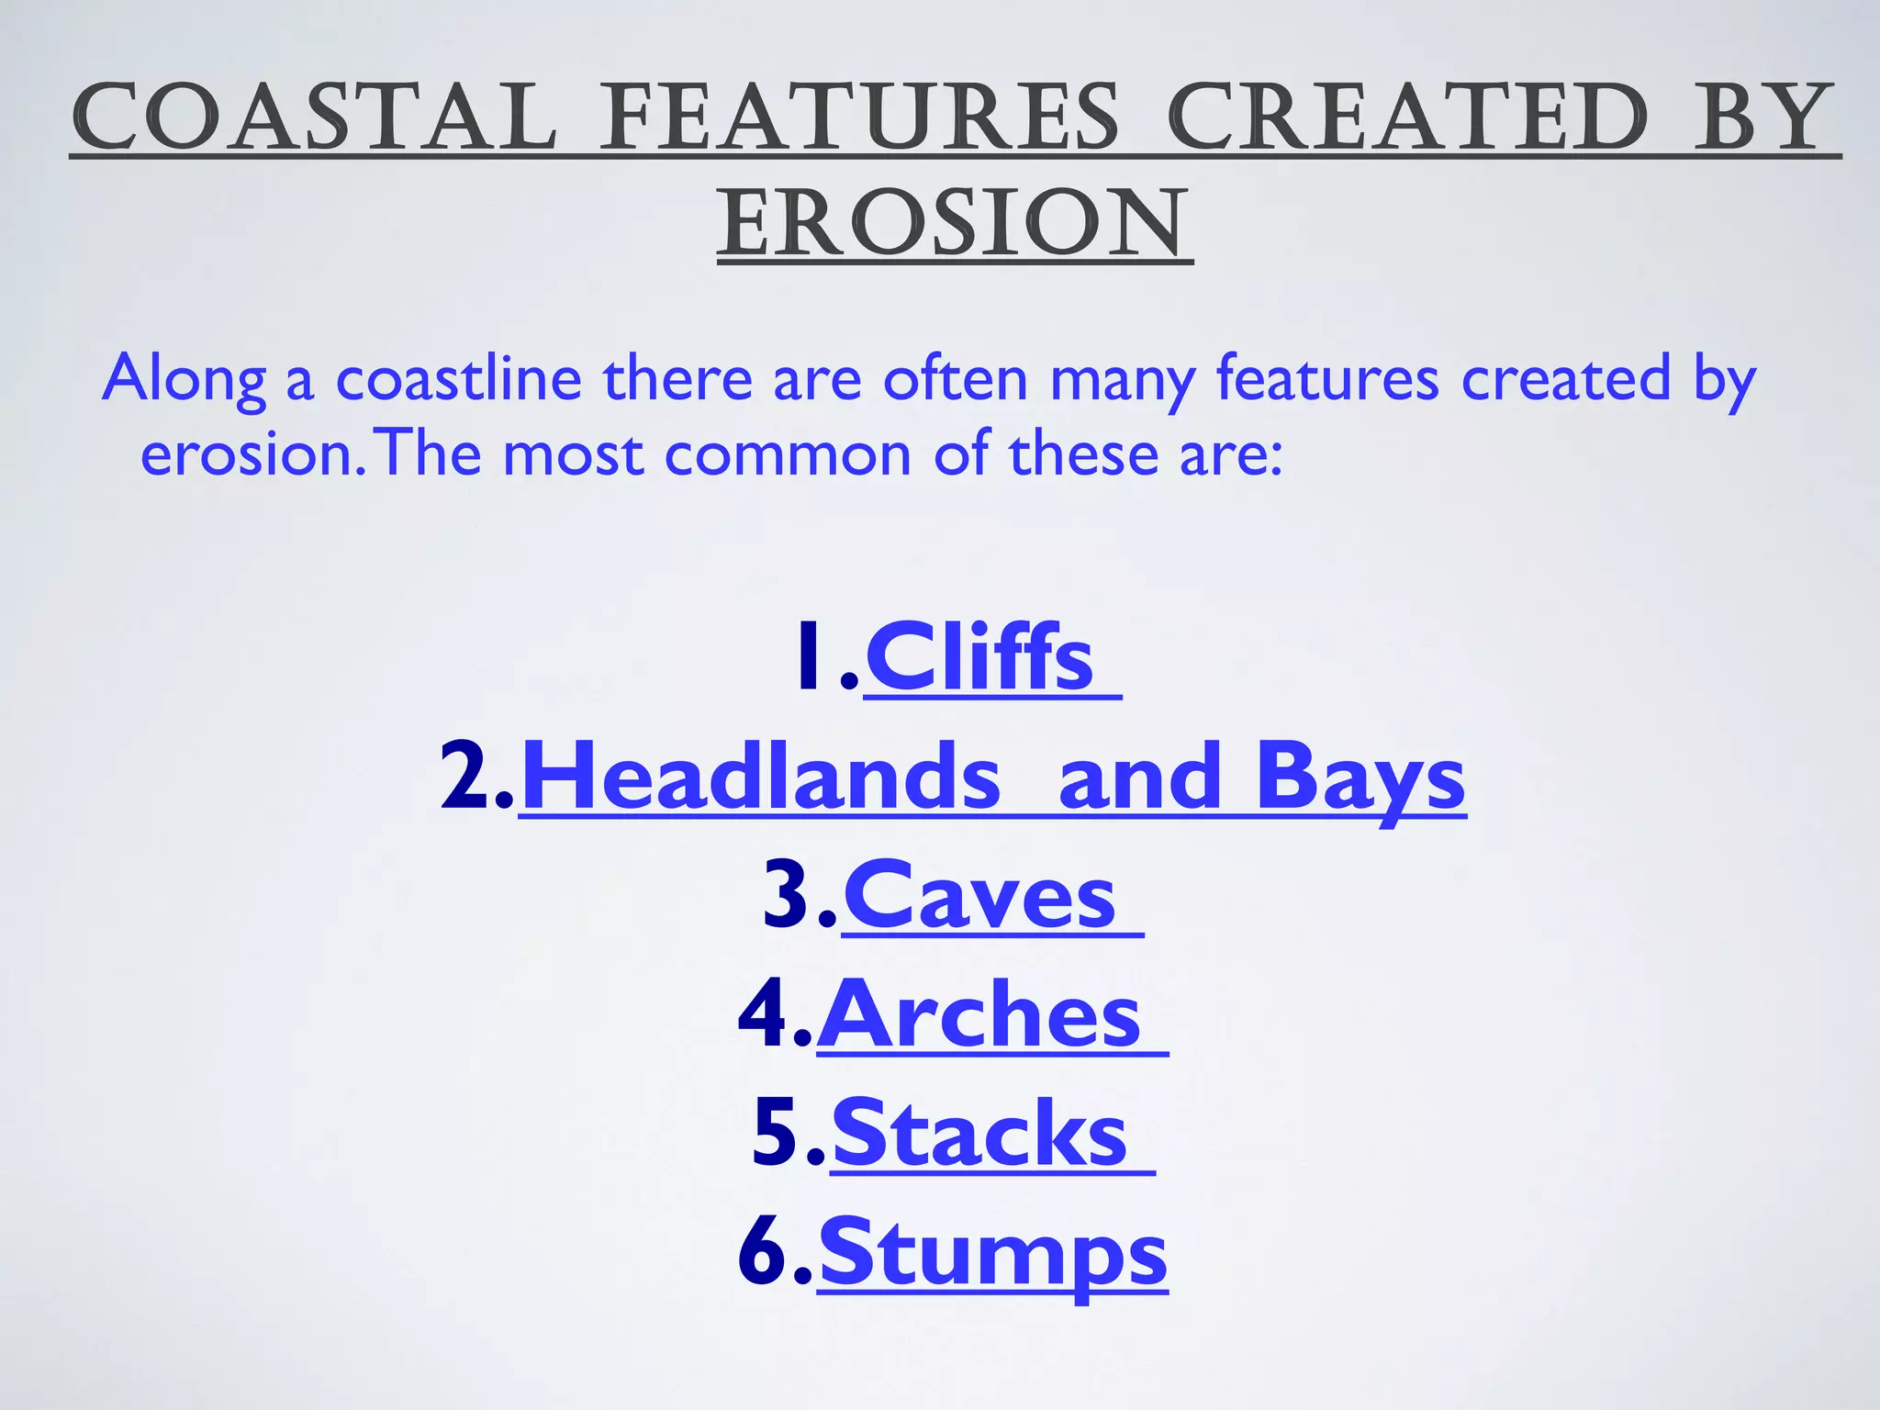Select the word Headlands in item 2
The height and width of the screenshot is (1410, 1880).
coord(760,778)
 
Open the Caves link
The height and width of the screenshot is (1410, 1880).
coord(979,897)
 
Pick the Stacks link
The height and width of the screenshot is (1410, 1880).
coord(979,1136)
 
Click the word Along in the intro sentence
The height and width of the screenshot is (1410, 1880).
coord(184,378)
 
